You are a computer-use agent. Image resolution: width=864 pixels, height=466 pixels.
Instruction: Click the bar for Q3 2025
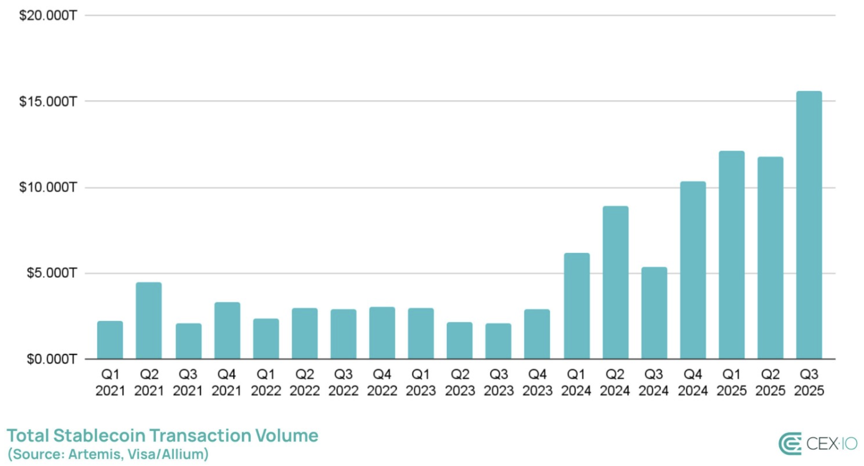pyautogui.click(x=809, y=225)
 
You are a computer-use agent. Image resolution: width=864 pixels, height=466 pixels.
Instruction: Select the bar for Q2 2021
pyautogui.click(x=148, y=321)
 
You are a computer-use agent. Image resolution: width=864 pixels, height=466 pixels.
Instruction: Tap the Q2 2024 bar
pyautogui.click(x=615, y=282)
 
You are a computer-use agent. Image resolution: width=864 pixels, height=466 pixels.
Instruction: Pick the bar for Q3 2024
pyautogui.click(x=654, y=313)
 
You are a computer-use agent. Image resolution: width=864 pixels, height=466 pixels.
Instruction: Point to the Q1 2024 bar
pyautogui.click(x=577, y=306)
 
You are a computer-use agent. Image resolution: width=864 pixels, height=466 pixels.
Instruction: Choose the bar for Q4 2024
pyautogui.click(x=693, y=270)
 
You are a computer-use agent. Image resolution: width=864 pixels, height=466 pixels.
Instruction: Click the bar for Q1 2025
pyautogui.click(x=731, y=255)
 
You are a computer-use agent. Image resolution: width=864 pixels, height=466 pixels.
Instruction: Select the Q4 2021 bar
pyautogui.click(x=227, y=330)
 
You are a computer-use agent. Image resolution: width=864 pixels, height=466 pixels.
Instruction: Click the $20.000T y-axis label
pyautogui.click(x=48, y=16)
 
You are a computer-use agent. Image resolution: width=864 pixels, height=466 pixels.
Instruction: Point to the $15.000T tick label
pyautogui.click(x=48, y=102)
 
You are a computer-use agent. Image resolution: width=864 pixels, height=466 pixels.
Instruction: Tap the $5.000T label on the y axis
pyautogui.click(x=51, y=273)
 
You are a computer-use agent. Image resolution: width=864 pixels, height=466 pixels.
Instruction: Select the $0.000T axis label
pyautogui.click(x=51, y=359)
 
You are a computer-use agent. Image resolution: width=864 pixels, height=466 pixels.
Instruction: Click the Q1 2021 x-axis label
pyautogui.click(x=110, y=383)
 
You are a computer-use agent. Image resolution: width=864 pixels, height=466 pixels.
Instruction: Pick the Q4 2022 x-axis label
pyautogui.click(x=382, y=383)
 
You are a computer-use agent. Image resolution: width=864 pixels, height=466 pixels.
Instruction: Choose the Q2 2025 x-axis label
pyautogui.click(x=770, y=383)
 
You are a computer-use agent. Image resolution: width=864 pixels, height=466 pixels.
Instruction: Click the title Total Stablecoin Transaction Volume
pyautogui.click(x=162, y=435)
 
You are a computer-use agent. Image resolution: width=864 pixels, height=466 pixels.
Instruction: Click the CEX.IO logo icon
pyautogui.click(x=790, y=444)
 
